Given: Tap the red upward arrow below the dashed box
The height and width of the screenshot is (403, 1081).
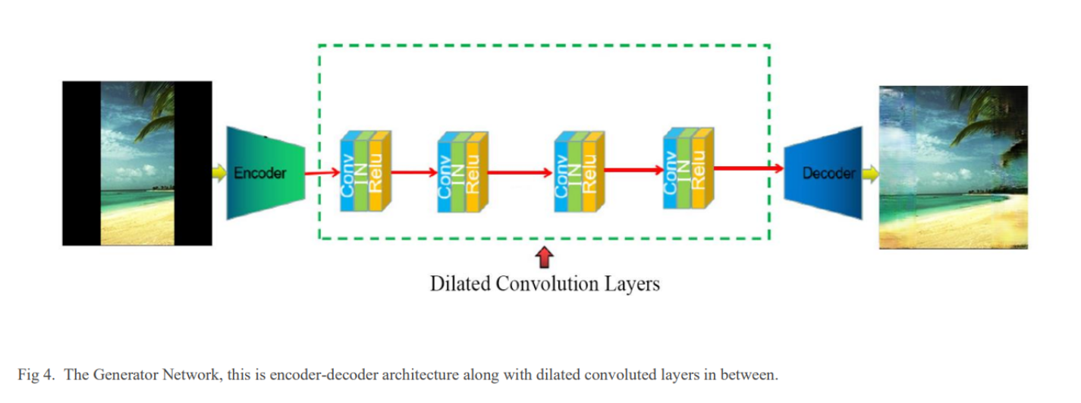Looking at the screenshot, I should (543, 258).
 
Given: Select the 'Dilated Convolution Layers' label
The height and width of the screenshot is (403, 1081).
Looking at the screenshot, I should (545, 284).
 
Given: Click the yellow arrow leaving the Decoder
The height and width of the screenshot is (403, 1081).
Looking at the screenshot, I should (870, 174).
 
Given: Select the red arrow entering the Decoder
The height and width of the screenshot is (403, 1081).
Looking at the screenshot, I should (748, 168).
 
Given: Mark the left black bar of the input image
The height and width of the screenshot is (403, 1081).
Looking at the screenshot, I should (81, 163).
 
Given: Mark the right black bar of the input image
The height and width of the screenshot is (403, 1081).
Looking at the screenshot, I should (193, 163).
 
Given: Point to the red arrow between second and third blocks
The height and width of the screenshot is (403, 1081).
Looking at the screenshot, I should (520, 173).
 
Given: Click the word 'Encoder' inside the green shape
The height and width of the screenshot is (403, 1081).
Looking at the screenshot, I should (260, 173).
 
